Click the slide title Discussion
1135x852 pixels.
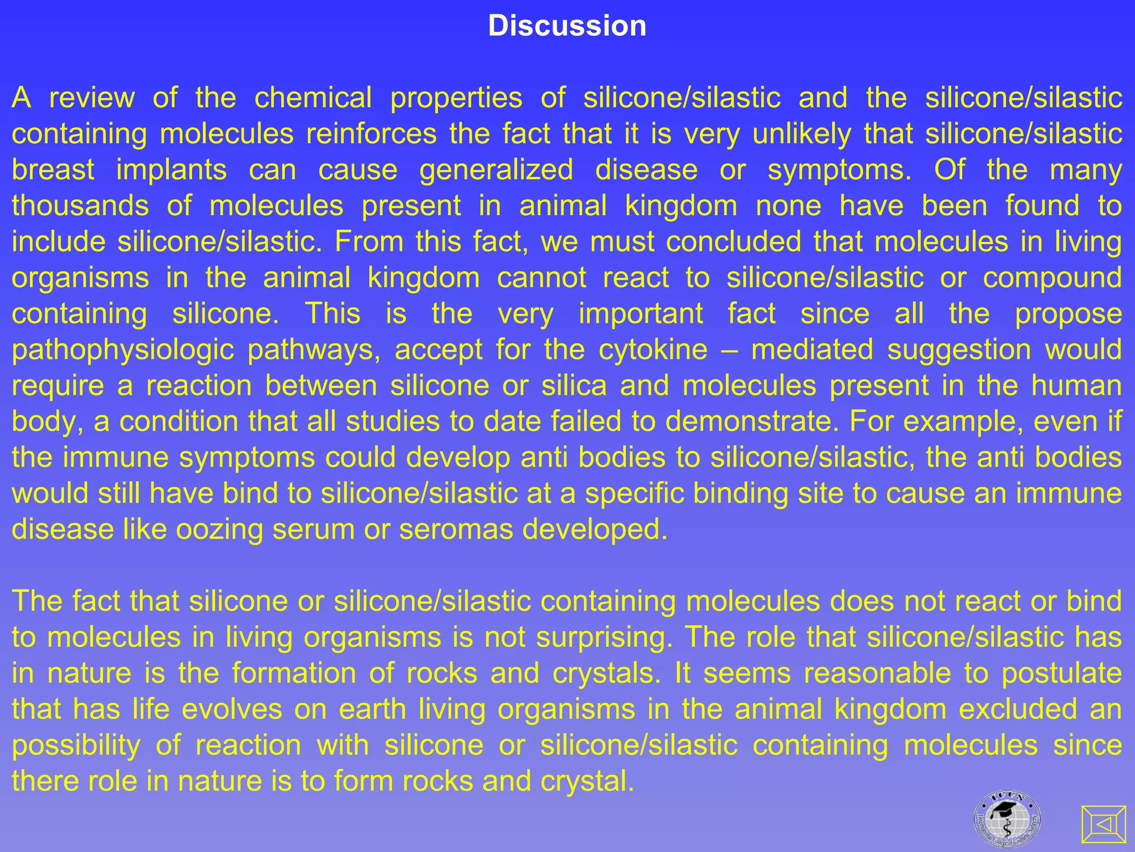[x=567, y=26]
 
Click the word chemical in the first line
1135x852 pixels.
[x=313, y=98]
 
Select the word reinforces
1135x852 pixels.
[x=371, y=134]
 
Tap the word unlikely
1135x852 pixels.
[x=801, y=134]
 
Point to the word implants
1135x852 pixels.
[x=171, y=170]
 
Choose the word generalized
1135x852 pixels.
[x=496, y=170]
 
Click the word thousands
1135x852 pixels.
[x=80, y=206]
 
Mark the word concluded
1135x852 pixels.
[x=733, y=242]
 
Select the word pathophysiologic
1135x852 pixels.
[x=122, y=350]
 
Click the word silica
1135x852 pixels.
[x=574, y=386]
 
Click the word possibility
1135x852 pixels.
[x=76, y=745]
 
